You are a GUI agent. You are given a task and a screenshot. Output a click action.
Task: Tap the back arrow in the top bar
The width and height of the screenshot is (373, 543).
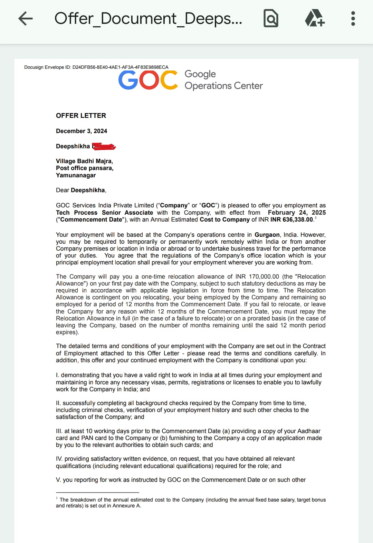coord(26,19)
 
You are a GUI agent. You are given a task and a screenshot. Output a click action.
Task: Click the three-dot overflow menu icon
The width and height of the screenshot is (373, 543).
coord(353,19)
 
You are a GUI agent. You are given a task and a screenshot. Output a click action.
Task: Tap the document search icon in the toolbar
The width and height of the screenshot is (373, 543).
coord(271,19)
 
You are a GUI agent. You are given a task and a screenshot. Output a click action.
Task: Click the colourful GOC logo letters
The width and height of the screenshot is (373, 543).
coord(148,80)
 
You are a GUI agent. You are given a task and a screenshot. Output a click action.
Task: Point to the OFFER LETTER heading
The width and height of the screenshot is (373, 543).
coord(81,116)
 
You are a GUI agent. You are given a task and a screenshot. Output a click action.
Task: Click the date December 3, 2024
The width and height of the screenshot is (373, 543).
coord(82,131)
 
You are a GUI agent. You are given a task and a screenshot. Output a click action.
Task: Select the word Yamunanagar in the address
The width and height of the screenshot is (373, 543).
coord(76,175)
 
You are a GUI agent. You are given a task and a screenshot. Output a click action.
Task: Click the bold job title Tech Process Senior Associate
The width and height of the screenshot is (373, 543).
coord(104,213)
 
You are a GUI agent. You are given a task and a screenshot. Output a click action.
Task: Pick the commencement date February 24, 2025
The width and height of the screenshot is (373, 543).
coord(297,213)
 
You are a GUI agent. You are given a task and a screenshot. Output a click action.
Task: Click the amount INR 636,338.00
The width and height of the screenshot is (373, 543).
coord(291,219)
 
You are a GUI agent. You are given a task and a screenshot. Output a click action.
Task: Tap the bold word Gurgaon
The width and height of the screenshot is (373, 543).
coord(267,235)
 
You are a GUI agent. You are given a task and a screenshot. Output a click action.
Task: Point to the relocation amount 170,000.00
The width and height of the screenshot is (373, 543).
coord(264,277)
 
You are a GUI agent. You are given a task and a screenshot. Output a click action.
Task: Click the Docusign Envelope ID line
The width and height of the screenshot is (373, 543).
coord(96,67)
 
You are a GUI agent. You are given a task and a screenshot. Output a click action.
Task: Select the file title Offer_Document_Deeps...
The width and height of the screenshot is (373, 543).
coord(148,19)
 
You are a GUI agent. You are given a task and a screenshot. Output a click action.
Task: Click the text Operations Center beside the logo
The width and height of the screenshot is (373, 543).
coord(223,86)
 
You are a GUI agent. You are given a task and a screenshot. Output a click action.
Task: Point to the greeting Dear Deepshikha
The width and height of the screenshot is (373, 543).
coord(81,190)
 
